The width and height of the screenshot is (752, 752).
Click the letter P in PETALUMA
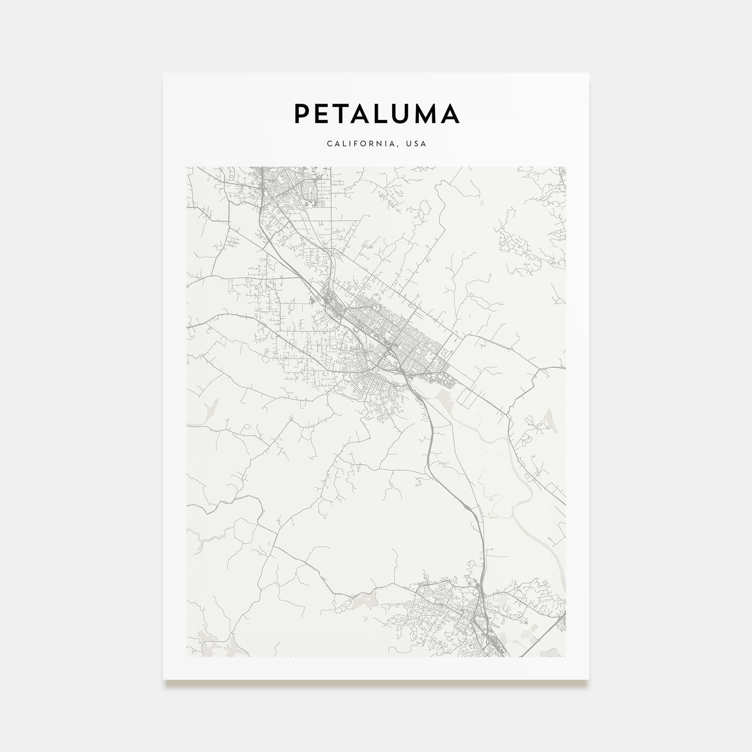click(301, 113)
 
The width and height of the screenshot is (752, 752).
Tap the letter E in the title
click(322, 113)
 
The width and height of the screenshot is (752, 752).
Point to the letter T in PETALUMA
click(342, 113)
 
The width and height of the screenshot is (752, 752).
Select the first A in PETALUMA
click(364, 113)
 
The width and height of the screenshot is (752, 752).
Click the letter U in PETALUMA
click(404, 113)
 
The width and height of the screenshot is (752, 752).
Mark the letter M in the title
click(428, 113)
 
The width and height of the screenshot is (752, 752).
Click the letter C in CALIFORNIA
click(328, 144)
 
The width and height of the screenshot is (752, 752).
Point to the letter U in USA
click(410, 144)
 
